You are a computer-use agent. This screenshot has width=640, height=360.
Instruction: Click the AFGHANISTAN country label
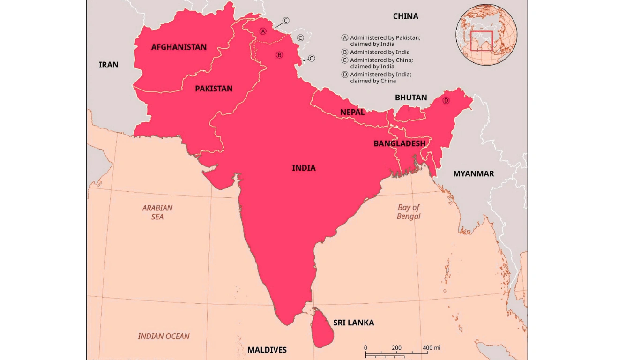[179, 47]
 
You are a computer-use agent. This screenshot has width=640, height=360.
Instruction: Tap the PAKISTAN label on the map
[214, 89]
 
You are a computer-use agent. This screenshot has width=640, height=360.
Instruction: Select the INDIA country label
[304, 168]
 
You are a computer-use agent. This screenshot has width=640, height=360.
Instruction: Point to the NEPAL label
[352, 112]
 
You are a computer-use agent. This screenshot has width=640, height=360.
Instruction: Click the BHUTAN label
[411, 97]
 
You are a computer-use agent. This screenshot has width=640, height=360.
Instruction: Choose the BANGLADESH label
[399, 143]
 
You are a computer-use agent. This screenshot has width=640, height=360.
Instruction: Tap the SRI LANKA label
[353, 322]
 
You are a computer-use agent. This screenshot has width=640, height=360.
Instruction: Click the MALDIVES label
[267, 350]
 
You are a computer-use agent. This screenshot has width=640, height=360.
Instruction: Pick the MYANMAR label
[473, 173]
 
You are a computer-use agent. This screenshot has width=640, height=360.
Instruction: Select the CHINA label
[405, 16]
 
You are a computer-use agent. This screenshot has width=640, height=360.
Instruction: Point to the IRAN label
[108, 65]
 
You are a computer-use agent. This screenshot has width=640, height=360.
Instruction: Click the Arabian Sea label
[157, 212]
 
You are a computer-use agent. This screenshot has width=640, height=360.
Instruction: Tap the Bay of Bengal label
[409, 212]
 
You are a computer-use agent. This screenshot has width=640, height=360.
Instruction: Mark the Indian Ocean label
[164, 336]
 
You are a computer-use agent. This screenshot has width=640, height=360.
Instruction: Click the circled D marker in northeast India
[446, 100]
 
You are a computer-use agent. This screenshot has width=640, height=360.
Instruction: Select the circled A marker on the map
[263, 31]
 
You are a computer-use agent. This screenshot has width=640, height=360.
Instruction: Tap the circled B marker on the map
[279, 55]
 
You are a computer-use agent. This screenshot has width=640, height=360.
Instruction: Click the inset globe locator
[486, 34]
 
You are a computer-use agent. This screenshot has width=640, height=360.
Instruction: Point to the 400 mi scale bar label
[432, 348]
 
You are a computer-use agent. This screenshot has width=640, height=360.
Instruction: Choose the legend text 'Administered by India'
[380, 52]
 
